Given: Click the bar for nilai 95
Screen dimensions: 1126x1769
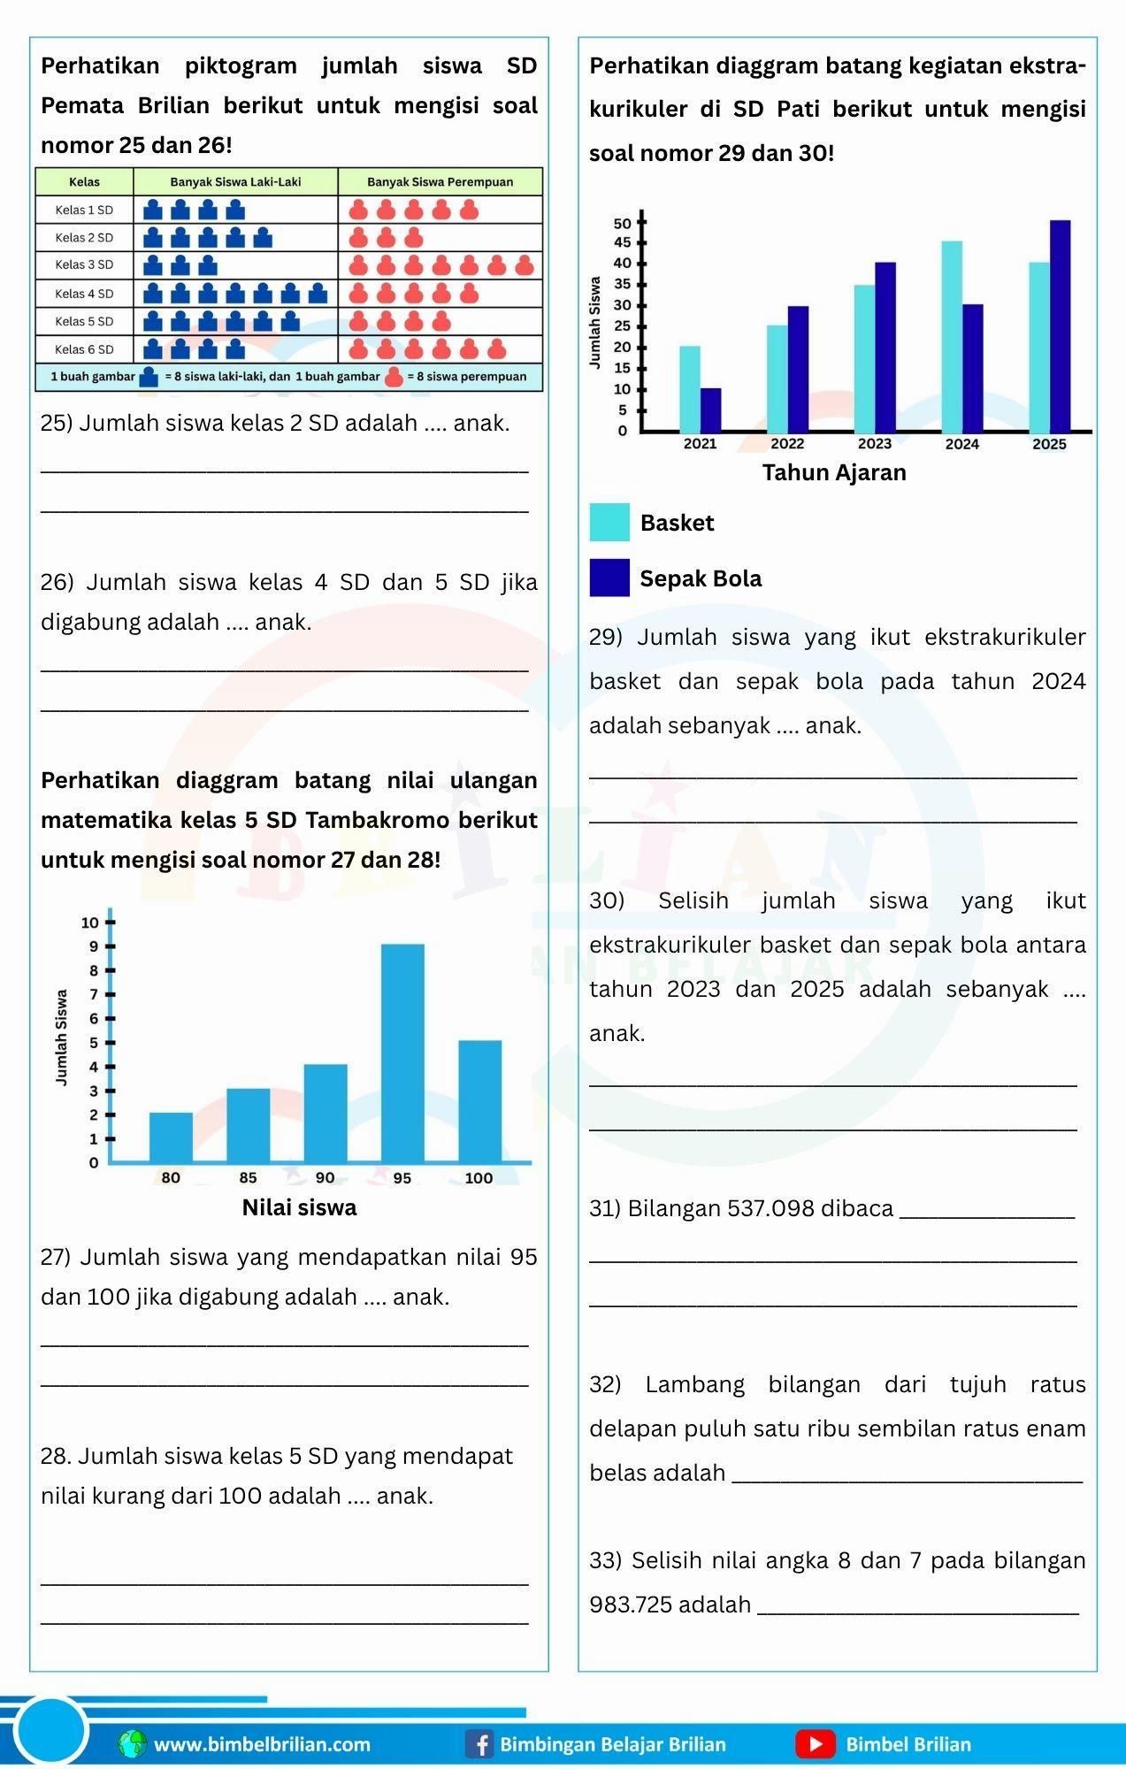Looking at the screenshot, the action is (402, 1053).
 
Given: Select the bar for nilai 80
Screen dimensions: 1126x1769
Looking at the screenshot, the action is (171, 1137).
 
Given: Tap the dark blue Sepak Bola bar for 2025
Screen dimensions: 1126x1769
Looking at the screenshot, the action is (1060, 325).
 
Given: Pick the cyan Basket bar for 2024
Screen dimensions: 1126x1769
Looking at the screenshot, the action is (952, 336).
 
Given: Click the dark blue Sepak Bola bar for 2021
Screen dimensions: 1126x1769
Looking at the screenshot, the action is (710, 410).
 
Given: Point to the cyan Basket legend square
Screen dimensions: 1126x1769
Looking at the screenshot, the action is (609, 522).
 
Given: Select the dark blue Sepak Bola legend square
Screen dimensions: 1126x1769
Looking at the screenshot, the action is (609, 578).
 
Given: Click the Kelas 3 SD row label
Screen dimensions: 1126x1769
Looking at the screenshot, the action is (84, 264).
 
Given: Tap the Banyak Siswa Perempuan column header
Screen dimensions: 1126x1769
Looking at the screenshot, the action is (440, 182).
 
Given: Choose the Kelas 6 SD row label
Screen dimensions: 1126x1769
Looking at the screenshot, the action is (84, 349).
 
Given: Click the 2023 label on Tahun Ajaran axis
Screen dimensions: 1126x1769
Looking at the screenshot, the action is (875, 444).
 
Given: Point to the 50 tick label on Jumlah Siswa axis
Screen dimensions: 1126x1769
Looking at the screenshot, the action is (622, 223).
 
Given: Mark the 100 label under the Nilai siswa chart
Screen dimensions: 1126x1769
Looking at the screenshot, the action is (479, 1178).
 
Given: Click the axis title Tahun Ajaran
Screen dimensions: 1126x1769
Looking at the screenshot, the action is (834, 472).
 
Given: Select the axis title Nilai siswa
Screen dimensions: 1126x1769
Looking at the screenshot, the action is (299, 1207).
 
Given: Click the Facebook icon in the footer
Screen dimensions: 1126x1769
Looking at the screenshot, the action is (479, 1744).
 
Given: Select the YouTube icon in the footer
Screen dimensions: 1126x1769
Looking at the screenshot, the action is (815, 1744).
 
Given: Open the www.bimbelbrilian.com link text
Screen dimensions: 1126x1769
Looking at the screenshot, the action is (263, 1744).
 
